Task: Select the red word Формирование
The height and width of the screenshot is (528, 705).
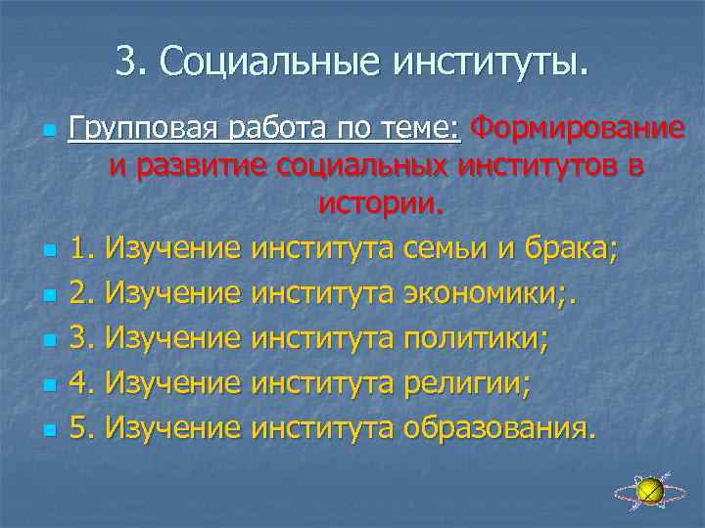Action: tap(577, 128)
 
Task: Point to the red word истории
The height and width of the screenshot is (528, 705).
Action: tap(380, 204)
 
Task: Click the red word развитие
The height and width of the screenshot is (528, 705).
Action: tap(211, 166)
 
